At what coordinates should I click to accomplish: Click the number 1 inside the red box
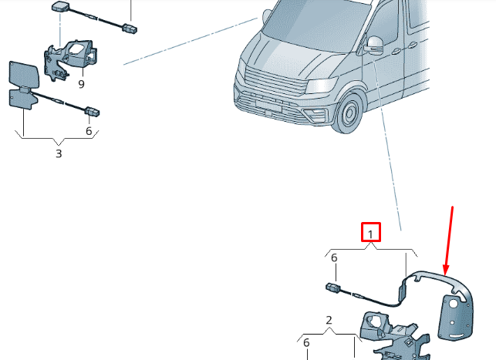coord(371,233)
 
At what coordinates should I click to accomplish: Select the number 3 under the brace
coord(59,153)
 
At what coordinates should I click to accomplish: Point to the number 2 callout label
coord(329,320)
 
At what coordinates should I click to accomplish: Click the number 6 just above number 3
coord(89,131)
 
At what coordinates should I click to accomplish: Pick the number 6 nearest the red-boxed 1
coord(334,258)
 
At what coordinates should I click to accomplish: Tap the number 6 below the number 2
coord(306,343)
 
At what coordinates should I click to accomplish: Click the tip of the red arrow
coord(446,271)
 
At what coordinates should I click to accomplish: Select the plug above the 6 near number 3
coord(92,113)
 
